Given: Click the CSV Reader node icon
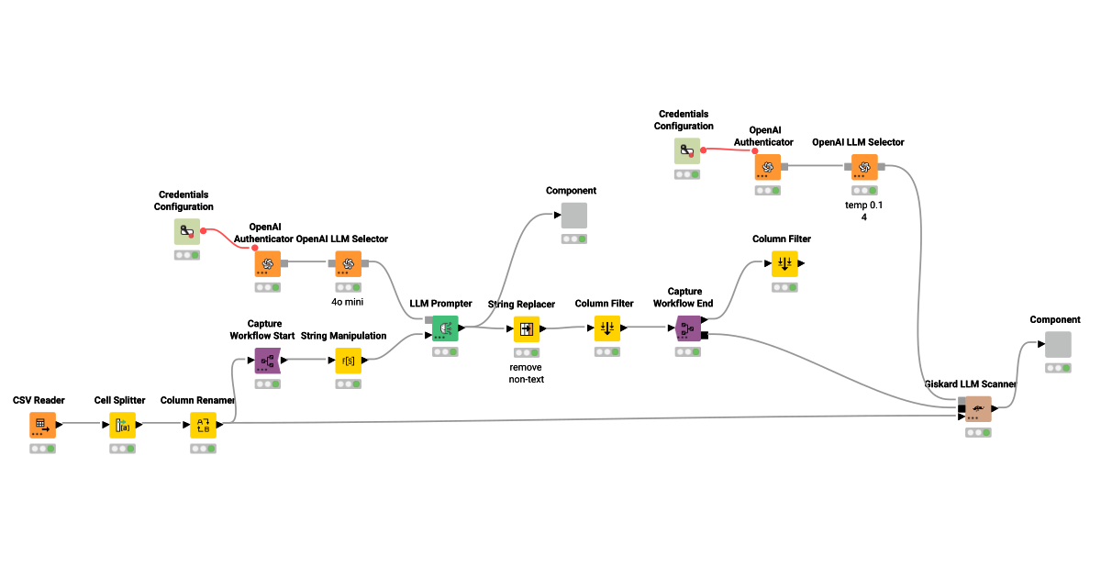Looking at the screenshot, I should point(41,425).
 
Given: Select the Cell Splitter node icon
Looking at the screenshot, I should point(122,425).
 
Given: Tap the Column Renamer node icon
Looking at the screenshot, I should point(203,425).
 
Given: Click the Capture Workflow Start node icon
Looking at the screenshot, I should point(267,361).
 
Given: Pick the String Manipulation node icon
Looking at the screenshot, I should point(348,361).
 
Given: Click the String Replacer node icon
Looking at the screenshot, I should point(526,328).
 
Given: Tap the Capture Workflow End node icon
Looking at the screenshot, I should point(689,328).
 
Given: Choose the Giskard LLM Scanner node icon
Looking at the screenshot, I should point(978,409).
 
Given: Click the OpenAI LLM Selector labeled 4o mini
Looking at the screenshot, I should point(348,264).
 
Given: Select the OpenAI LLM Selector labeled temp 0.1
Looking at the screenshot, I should point(863,167).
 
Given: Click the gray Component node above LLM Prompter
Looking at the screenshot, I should point(573,216).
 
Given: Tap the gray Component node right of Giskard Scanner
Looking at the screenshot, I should point(1058,345).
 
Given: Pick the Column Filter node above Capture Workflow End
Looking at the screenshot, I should point(784,264).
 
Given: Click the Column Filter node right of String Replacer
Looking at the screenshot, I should point(606,328).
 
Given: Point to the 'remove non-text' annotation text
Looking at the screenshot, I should point(526,372).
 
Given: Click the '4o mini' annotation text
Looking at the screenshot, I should point(348,300).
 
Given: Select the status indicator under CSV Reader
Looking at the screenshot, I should point(41,449).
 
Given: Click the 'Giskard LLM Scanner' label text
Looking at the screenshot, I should point(971,384).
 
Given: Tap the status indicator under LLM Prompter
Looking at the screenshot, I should point(445,351).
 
